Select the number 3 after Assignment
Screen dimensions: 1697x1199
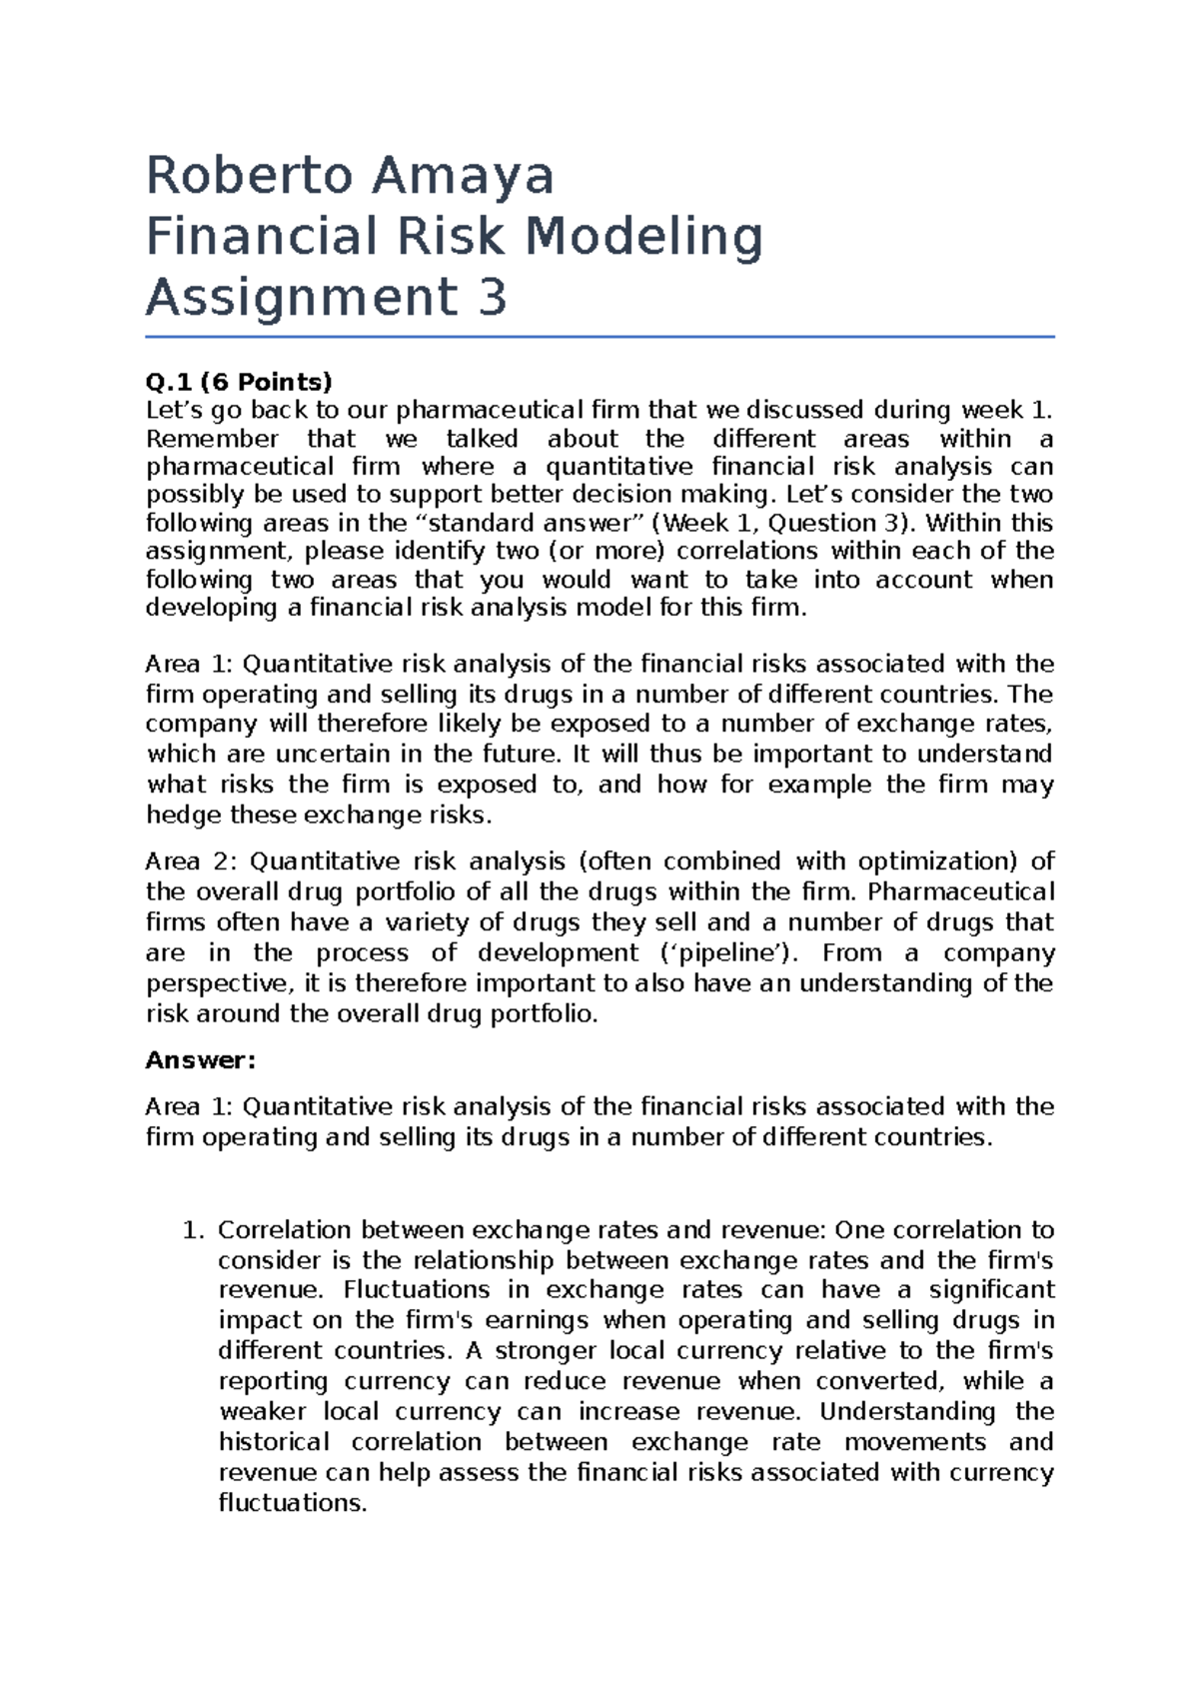coord(492,298)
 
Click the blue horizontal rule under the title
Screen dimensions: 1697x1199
coord(599,338)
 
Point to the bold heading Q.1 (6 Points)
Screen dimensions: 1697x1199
coord(239,382)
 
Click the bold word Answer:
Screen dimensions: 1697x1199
coord(201,1060)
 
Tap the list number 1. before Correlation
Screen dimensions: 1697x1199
coord(193,1230)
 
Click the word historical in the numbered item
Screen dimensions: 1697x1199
coord(274,1442)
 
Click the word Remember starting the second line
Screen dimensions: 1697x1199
coord(212,439)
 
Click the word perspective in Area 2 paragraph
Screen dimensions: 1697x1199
coord(220,983)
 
